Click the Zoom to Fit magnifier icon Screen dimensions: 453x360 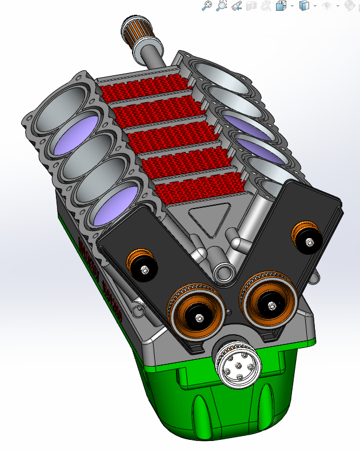(207, 6)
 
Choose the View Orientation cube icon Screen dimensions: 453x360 (281, 6)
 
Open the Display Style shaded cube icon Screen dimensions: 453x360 (305, 6)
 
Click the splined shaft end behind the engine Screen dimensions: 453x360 (134, 29)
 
